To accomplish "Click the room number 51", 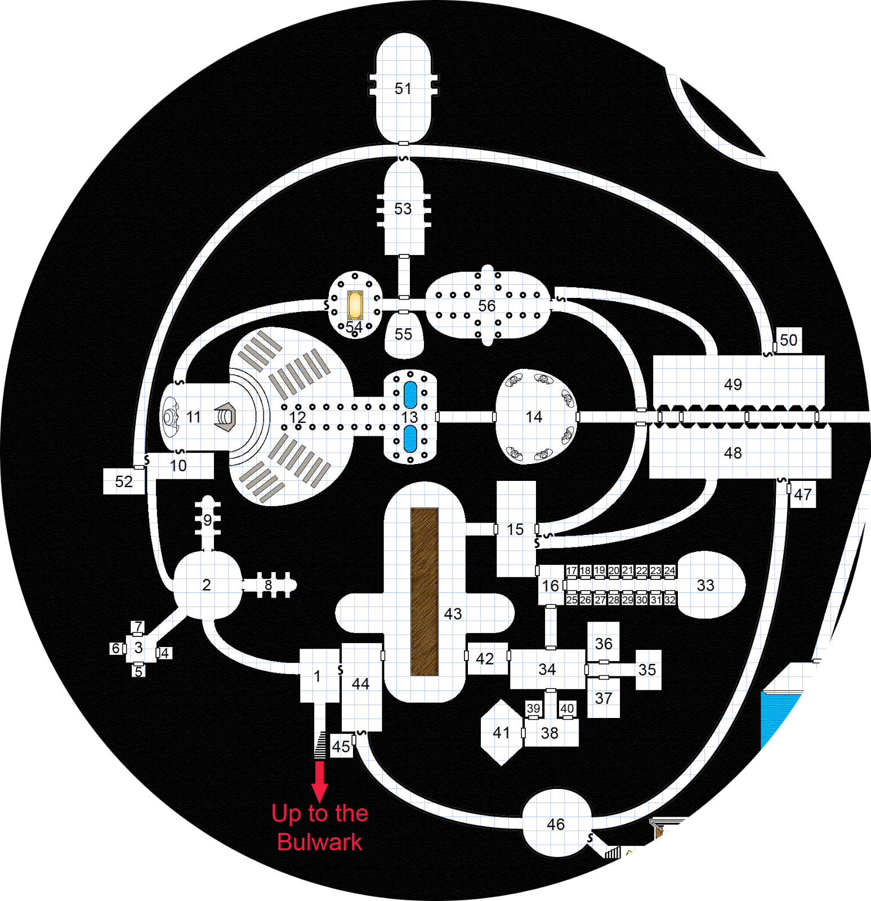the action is [403, 88].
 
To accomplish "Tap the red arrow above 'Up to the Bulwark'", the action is [320, 782].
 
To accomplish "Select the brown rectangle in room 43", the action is [425, 591].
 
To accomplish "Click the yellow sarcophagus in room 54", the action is [355, 305].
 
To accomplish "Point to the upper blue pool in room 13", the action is [410, 395].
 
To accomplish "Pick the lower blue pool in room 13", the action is [410, 439].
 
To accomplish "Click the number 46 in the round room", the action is [556, 824].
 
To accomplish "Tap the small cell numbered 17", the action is [571, 570].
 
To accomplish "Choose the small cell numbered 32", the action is [669, 600].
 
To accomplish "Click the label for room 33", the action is [705, 585].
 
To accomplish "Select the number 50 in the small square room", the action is [788, 340].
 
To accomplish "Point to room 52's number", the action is [124, 481].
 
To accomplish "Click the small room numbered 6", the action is [116, 648].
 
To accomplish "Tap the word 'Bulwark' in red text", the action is [320, 842].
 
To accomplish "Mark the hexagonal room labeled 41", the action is [501, 732].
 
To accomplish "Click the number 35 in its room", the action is [647, 670].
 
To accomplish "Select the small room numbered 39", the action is [533, 708].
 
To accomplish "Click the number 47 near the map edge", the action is [803, 494].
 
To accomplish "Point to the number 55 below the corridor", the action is [403, 334].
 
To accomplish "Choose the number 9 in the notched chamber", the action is [208, 520].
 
